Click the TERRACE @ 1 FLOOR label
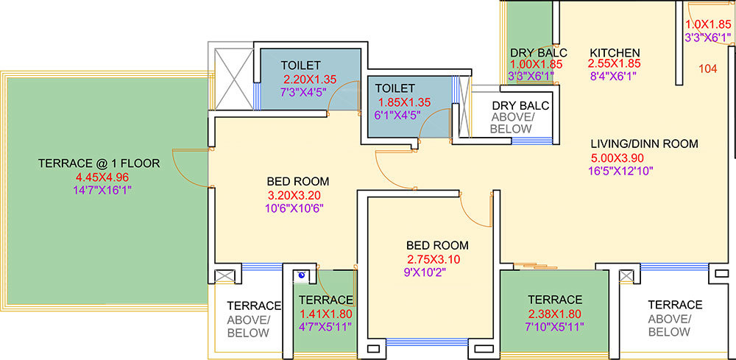click(99, 163)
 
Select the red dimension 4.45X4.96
click(102, 177)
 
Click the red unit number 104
click(708, 69)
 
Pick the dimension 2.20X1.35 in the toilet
click(310, 79)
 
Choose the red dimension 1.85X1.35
click(404, 102)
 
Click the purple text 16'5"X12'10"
click(620, 170)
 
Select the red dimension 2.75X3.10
click(434, 259)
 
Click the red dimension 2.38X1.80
click(555, 314)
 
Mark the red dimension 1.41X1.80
click(325, 314)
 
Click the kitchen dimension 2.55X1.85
click(615, 63)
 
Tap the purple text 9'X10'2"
click(427, 272)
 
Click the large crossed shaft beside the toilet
click(234, 78)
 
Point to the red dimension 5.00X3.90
click(618, 158)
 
